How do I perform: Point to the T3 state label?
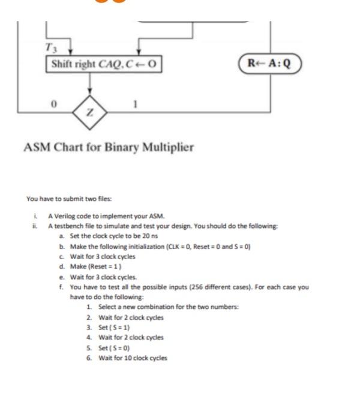[x=50, y=47]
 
